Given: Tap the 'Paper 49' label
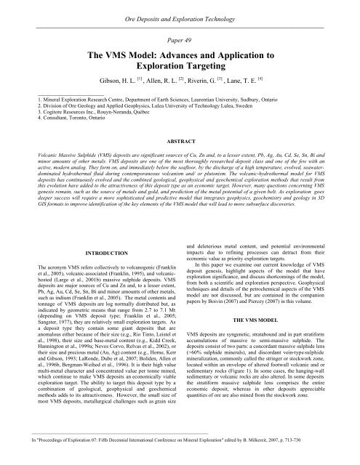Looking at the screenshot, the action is [x=180, y=41].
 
